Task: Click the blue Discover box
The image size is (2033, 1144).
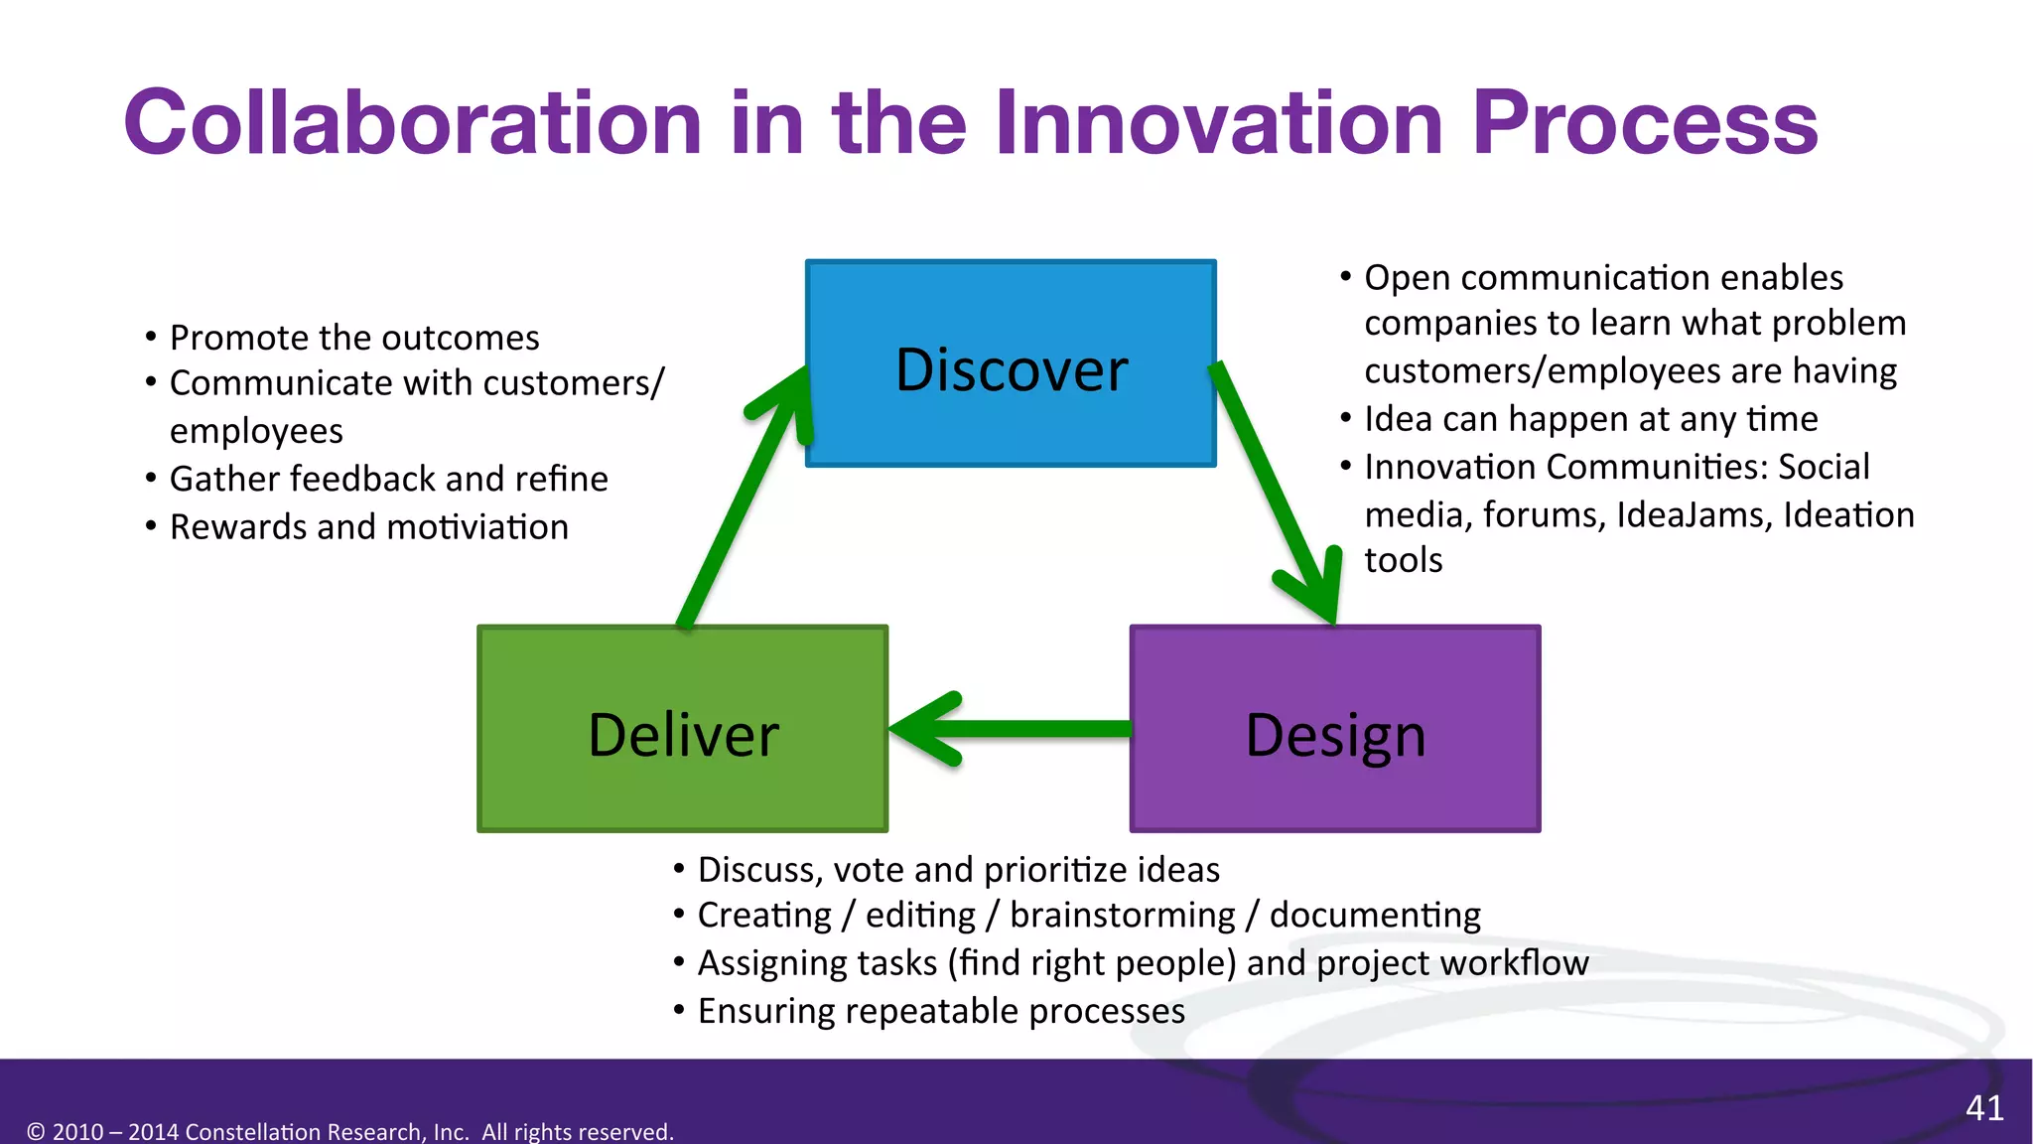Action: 1011,363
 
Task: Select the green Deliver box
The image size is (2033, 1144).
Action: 683,729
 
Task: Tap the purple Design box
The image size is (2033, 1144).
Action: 1335,729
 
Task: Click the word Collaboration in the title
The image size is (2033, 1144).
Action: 412,123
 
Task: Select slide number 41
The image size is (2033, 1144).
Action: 1984,1107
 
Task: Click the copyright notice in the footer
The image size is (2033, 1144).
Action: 350,1131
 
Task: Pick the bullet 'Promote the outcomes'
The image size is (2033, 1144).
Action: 354,338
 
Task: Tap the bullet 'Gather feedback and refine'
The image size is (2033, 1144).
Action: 388,479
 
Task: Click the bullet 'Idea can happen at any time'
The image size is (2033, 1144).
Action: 1590,418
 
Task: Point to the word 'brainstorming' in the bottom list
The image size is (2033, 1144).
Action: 1122,915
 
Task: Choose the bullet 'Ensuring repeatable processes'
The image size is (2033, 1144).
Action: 941,1011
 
